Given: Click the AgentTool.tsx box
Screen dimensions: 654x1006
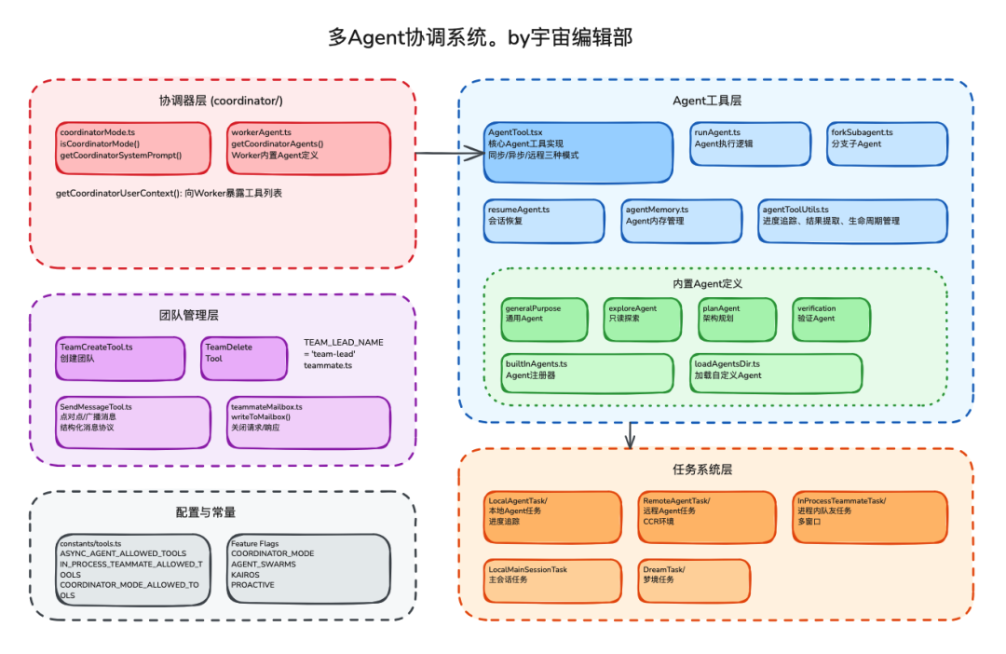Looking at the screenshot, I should pos(578,152).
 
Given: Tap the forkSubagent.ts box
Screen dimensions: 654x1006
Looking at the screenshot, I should pos(887,143).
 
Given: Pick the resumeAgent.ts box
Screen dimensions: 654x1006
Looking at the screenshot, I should pos(545,221).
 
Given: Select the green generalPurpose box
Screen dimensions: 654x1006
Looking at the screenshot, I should pos(545,319).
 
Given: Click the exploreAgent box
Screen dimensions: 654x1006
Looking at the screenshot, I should pos(644,319).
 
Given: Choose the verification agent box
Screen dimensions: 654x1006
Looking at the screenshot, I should pos(831,319).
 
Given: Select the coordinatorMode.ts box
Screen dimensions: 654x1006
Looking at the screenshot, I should pos(134,148).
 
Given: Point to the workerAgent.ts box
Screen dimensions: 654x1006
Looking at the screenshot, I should pos(308,148).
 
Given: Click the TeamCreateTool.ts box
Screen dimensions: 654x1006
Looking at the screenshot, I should pos(120,359).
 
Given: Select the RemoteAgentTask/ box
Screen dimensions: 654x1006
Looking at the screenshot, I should pos(707,516).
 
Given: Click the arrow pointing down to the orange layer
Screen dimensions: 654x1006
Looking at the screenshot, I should pos(631,435).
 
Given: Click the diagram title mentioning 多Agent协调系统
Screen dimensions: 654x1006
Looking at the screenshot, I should pos(481,37).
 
